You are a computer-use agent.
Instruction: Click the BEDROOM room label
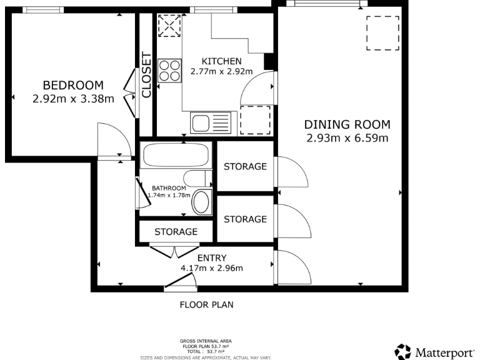(x=72, y=85)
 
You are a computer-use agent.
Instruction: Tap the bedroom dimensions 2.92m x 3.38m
(x=72, y=98)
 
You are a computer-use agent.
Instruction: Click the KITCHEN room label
(x=221, y=61)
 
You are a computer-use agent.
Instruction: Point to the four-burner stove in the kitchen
(x=169, y=70)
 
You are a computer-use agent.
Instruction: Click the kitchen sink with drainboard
(x=211, y=122)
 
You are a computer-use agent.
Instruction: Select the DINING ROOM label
(x=347, y=124)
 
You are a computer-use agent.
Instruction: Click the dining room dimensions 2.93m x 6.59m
(x=347, y=138)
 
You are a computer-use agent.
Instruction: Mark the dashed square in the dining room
(x=382, y=33)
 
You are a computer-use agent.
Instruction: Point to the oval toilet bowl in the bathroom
(x=201, y=203)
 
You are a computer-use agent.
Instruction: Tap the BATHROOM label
(x=169, y=188)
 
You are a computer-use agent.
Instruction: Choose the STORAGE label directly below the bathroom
(x=176, y=232)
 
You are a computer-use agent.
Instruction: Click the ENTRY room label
(x=212, y=257)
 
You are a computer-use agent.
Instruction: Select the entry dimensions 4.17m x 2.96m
(x=212, y=269)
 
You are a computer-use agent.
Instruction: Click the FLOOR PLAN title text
(x=206, y=305)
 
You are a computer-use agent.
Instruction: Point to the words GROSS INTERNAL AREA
(x=206, y=341)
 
